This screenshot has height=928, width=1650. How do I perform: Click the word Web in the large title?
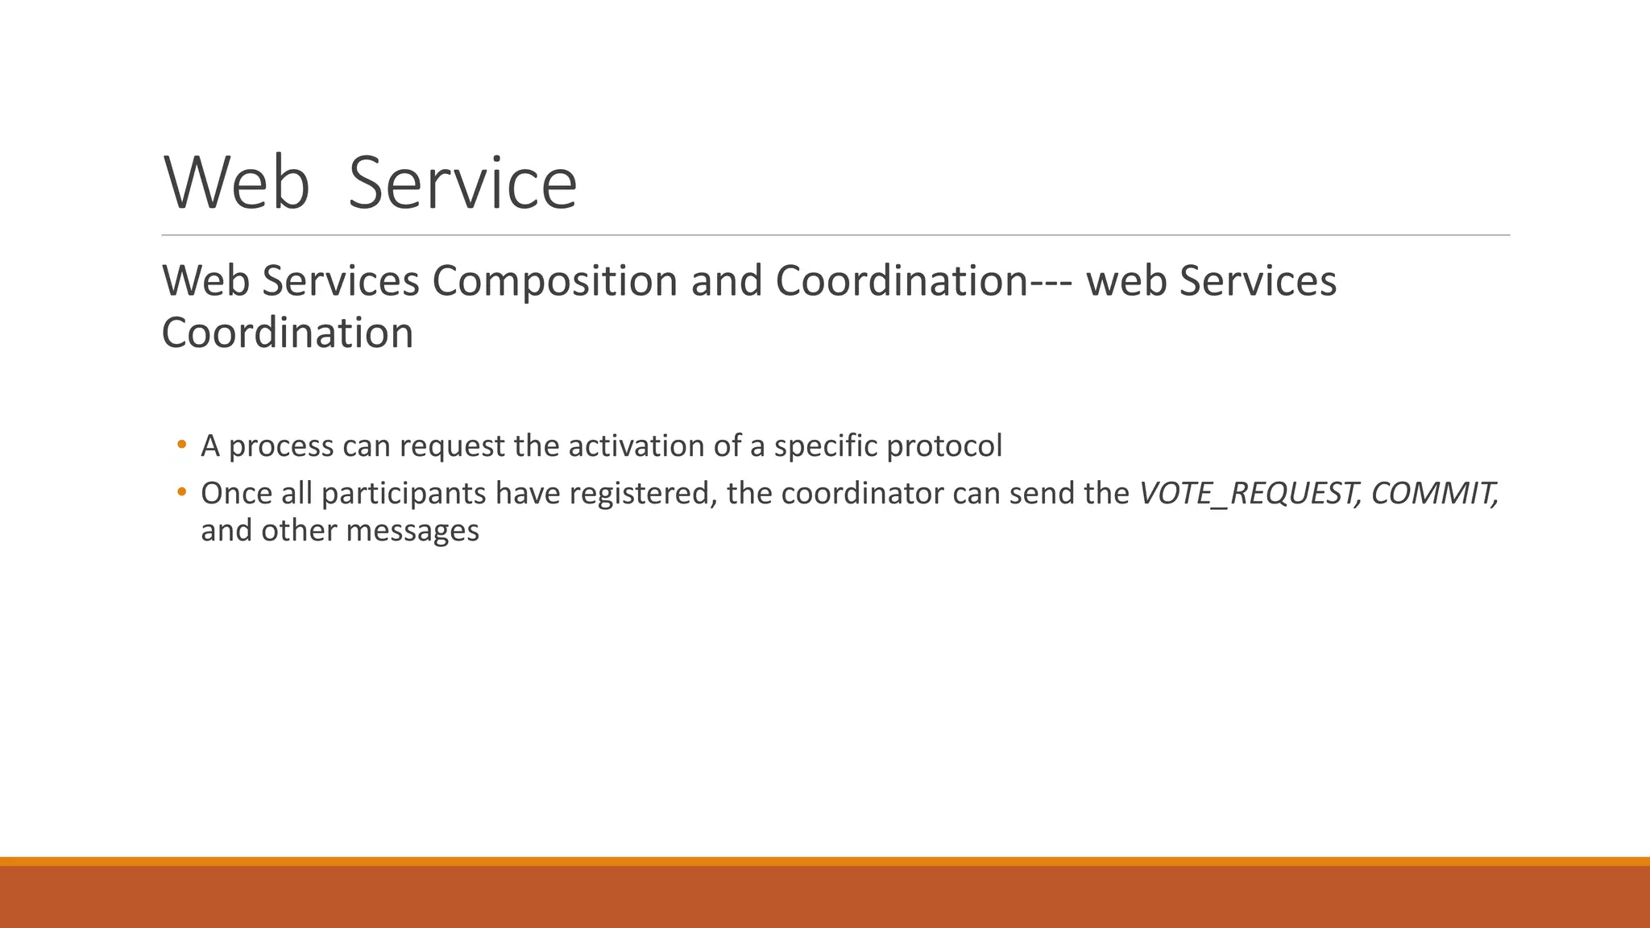tap(237, 184)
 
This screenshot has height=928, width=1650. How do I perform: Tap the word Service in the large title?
tap(462, 184)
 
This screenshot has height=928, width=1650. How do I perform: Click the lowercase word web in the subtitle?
tap(1126, 281)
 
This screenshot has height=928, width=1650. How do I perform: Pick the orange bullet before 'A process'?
tap(181, 445)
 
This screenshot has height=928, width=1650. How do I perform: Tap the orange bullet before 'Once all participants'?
tap(181, 491)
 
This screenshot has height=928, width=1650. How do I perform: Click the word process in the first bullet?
tap(280, 446)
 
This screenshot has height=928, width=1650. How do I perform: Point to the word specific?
tap(825, 446)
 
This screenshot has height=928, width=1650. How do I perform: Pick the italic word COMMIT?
tap(1434, 493)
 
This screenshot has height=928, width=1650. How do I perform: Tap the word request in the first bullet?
tap(451, 446)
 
